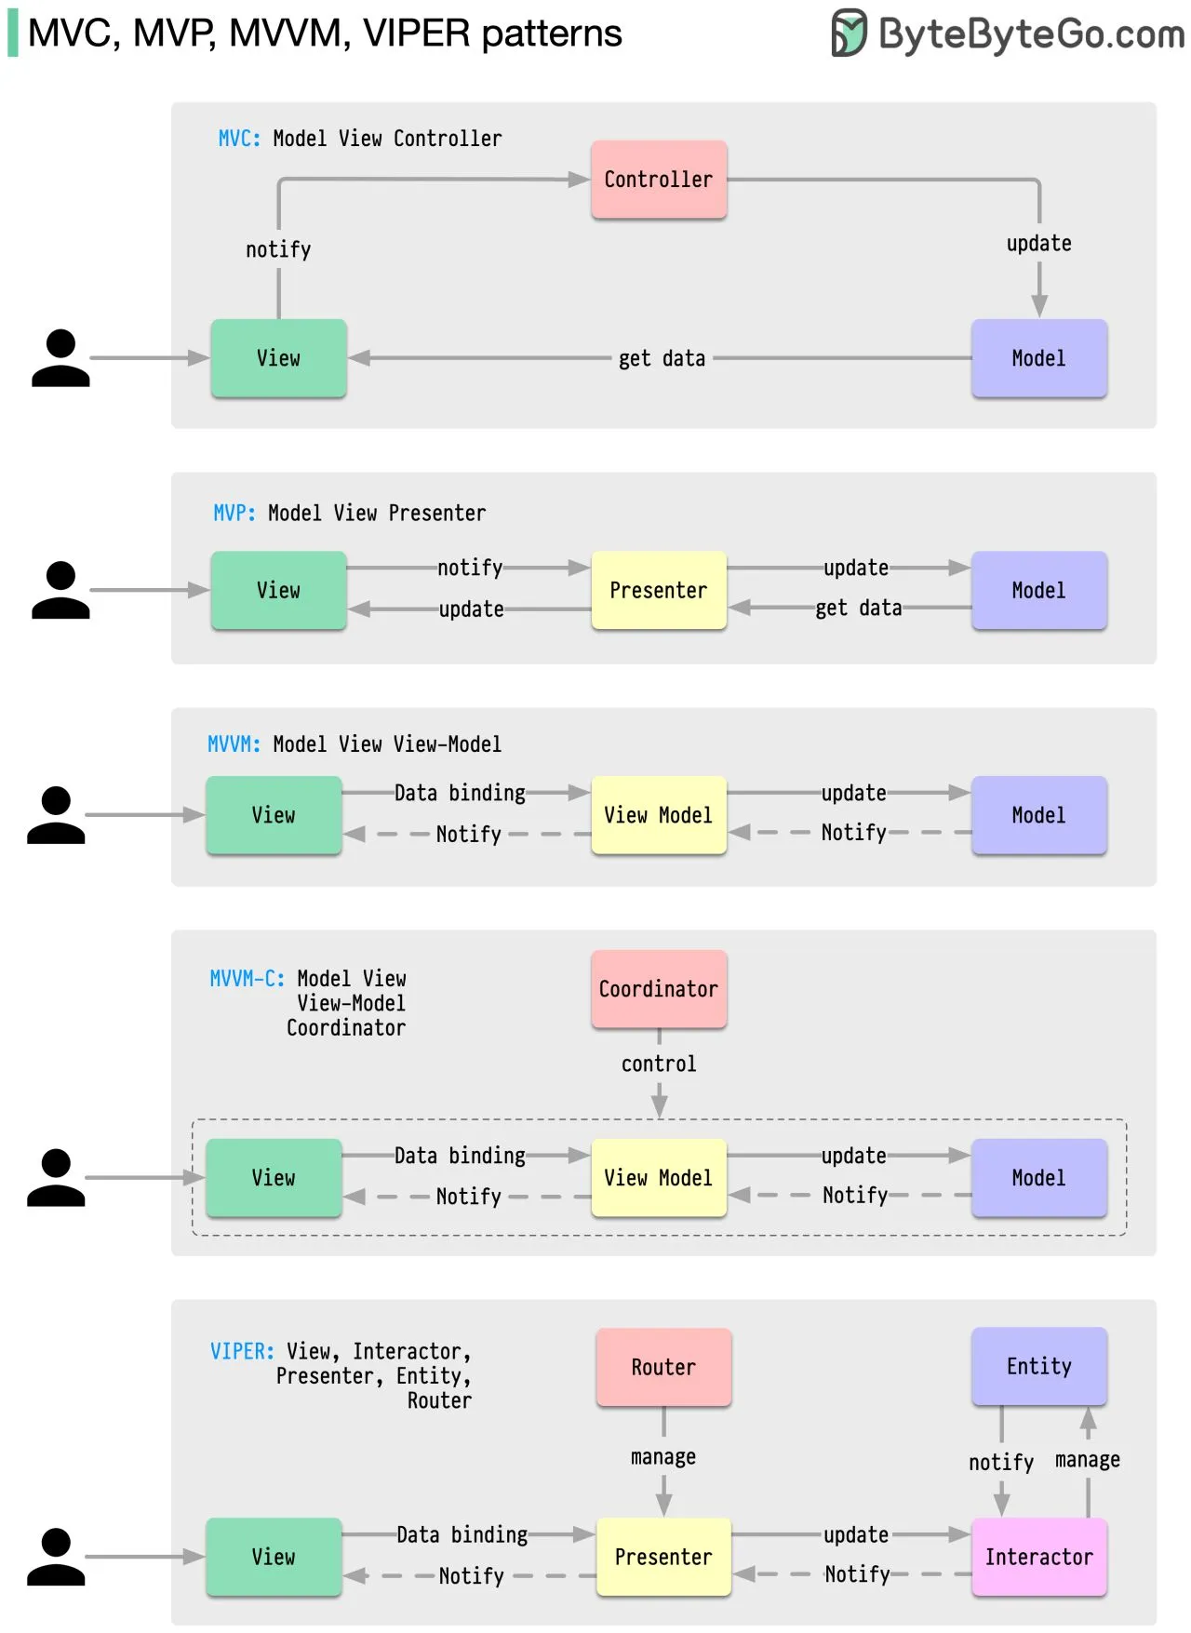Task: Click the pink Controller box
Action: pos(658,180)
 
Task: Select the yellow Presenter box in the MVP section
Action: pos(658,590)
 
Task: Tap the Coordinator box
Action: pos(658,989)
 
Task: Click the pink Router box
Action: pos(662,1367)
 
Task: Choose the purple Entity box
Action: pos(1038,1366)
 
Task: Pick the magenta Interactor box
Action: pos(1038,1557)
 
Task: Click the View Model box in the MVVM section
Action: pos(658,815)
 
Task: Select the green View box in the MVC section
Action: pos(278,358)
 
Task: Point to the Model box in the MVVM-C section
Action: pos(1038,1178)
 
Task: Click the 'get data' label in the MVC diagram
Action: pos(662,358)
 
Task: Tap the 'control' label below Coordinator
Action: pos(658,1064)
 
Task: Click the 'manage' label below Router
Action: pos(662,1456)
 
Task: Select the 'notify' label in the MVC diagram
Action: pos(278,249)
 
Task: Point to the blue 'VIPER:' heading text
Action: pos(242,1351)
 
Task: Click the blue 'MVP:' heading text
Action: pos(234,513)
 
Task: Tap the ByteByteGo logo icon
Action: pos(848,33)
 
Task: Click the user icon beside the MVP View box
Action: pos(60,590)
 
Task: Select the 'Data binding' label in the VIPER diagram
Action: pos(462,1534)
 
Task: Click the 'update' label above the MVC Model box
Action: pos(1038,243)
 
